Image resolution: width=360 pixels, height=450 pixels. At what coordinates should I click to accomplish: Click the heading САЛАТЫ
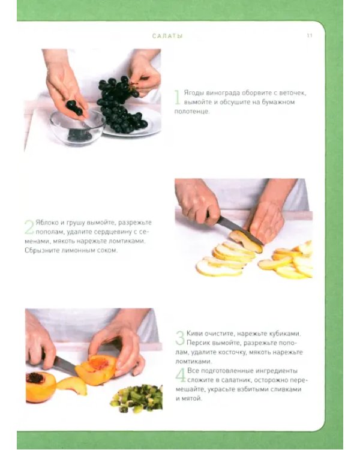tap(167, 36)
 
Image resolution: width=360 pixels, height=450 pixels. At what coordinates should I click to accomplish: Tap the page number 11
tap(310, 35)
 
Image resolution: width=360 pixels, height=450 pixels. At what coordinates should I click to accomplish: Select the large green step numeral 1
tap(178, 97)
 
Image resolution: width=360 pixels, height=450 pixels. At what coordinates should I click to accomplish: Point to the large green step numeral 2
tap(29, 227)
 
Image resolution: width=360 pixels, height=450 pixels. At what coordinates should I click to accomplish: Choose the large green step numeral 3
tap(180, 338)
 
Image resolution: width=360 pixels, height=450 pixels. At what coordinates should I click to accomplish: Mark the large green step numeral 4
tap(181, 375)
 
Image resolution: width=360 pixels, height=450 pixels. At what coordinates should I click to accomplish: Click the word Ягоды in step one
tap(192, 93)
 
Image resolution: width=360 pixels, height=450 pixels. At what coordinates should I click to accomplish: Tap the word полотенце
tap(191, 112)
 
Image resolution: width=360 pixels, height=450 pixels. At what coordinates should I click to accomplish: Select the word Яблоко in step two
tap(45, 223)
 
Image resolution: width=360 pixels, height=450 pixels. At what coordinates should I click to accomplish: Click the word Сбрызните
tap(38, 250)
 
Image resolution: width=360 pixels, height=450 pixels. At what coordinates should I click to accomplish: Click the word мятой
tap(192, 398)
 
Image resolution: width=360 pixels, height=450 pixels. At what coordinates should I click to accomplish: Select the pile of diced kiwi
tap(137, 398)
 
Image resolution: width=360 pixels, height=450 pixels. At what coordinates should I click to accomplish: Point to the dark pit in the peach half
tap(35, 377)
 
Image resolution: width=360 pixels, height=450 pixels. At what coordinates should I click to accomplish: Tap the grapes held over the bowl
tap(74, 107)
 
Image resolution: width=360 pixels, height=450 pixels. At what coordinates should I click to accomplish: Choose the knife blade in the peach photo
tap(65, 365)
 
